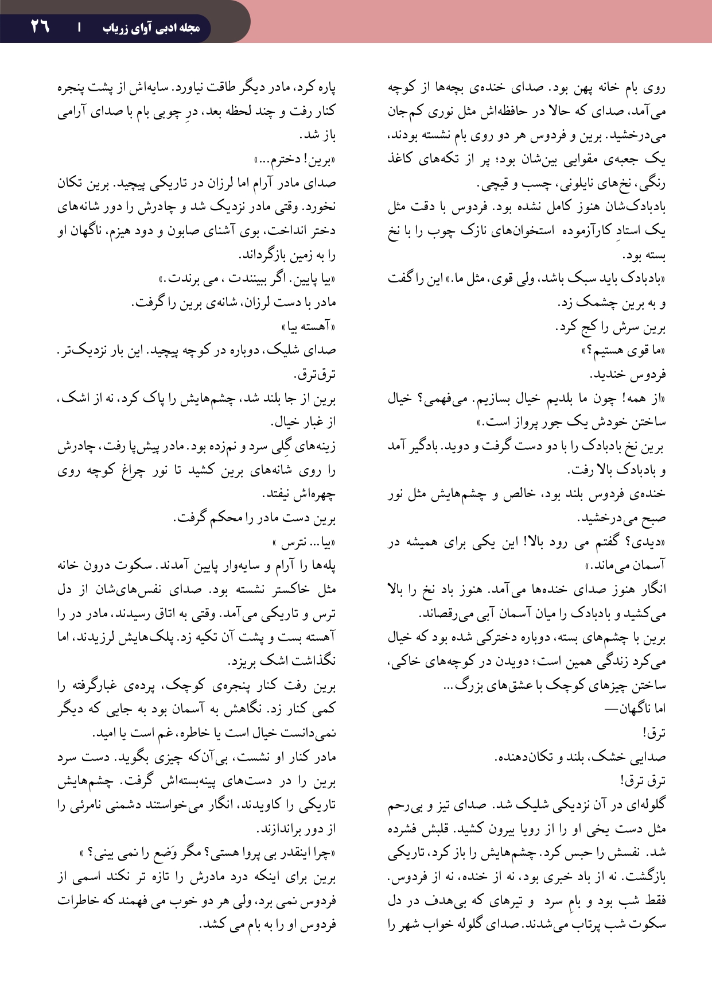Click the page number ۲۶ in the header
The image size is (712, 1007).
40,26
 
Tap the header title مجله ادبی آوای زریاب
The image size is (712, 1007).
151,28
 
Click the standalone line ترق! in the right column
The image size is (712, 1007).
653,733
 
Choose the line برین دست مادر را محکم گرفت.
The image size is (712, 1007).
254,518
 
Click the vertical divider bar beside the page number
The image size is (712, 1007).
79,27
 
